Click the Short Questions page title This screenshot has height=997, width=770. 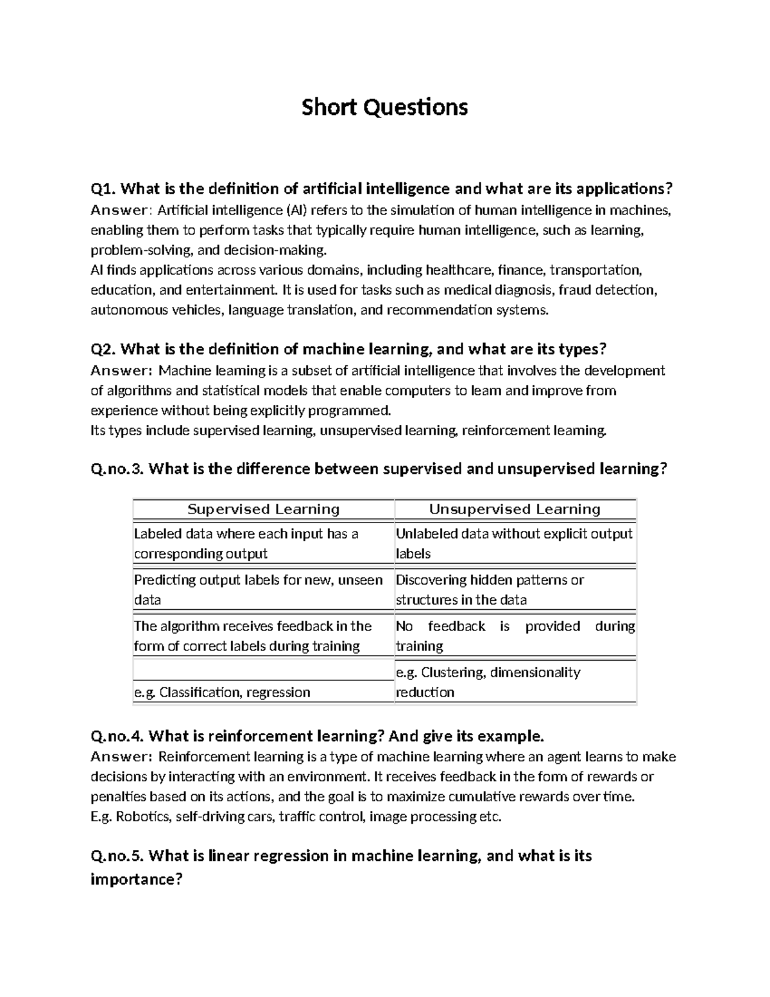point(384,107)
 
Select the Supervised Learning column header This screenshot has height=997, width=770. point(263,509)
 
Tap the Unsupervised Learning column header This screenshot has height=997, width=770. point(515,509)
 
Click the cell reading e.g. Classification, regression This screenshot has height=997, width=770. point(222,692)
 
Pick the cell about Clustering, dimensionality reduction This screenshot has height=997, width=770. point(488,682)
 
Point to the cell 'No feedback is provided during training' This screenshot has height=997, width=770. point(515,636)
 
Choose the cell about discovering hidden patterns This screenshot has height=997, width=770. point(490,589)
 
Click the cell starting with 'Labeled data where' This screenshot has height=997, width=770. point(246,543)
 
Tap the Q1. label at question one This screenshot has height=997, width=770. point(103,189)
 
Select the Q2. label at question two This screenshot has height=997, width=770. point(103,349)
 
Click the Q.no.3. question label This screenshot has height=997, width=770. point(118,469)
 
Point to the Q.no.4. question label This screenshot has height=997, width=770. point(118,735)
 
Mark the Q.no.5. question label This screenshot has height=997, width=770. point(118,856)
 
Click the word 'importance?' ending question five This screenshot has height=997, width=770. point(137,879)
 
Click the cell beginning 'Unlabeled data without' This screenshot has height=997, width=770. point(514,543)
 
